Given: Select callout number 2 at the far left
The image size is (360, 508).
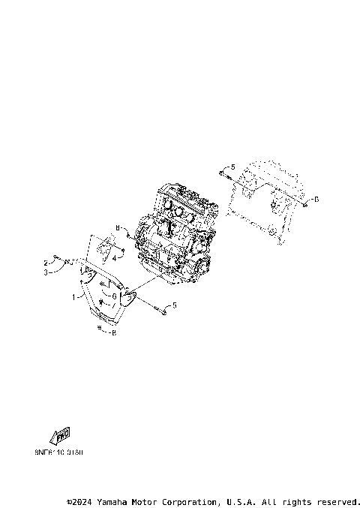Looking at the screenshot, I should (46, 263).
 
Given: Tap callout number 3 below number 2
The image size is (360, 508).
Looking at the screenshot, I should (46, 272).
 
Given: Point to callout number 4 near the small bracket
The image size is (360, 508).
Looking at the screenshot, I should (114, 259).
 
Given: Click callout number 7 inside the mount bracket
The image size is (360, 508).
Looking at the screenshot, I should (114, 305).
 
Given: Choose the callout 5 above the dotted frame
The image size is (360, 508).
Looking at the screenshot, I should (232, 167).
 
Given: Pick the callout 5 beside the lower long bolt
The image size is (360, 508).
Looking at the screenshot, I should (175, 305).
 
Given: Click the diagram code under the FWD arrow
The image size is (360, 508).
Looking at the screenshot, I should (59, 453).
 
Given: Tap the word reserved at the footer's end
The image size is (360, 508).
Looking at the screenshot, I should (338, 501).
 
